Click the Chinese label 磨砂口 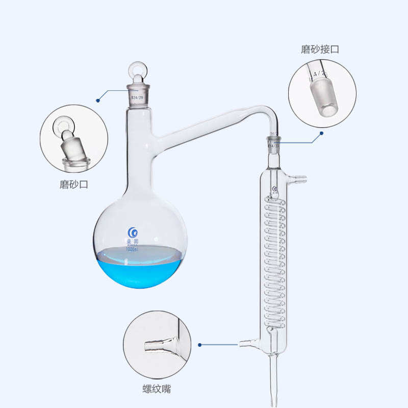click(x=74, y=185)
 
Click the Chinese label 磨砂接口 click(x=320, y=49)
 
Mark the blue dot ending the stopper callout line click(x=98, y=99)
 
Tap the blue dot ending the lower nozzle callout click(x=200, y=345)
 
